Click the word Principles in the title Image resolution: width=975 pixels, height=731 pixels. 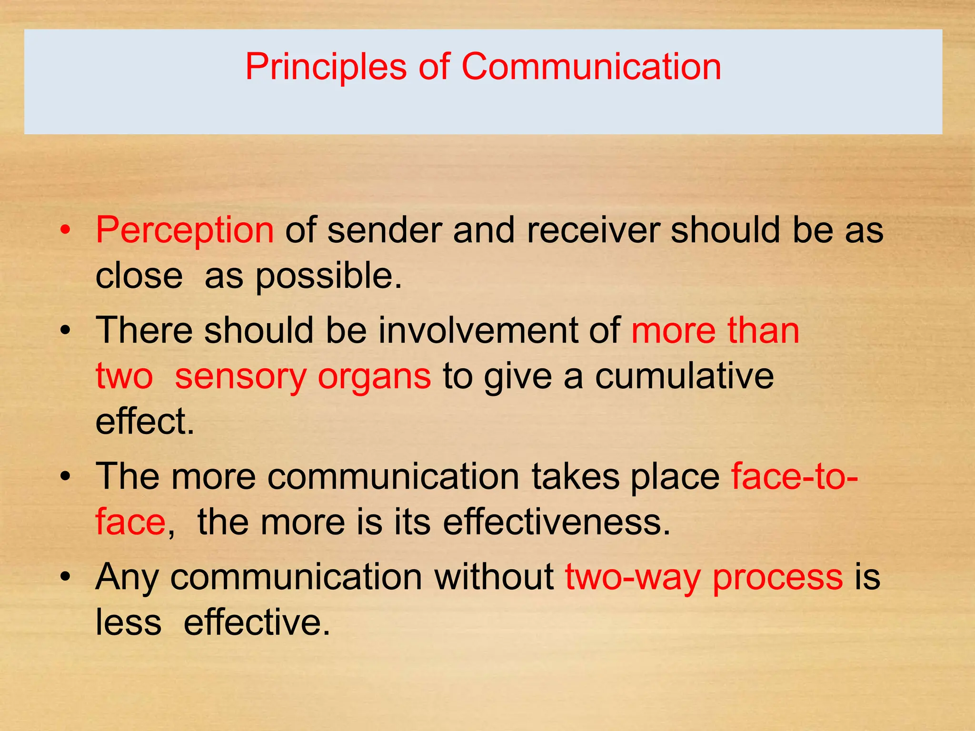pos(326,67)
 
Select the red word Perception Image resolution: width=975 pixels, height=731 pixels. pos(185,230)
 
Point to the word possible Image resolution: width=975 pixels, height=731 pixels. pos(328,276)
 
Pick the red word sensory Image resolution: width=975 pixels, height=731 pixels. pos(240,377)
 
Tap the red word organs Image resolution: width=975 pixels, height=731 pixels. pos(374,377)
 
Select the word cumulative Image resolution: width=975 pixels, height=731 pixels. pos(684,376)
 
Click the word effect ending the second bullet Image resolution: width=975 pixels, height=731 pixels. pos(144,422)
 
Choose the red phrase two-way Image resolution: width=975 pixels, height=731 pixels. pos(633,577)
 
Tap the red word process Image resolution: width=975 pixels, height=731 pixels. pos(777,577)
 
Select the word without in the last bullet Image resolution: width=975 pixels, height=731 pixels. pos(494,577)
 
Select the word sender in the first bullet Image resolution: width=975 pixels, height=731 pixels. pos(384,230)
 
